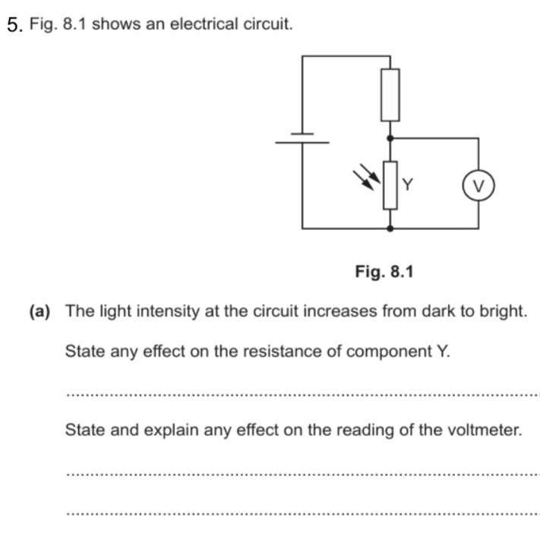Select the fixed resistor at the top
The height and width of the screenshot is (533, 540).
click(390, 95)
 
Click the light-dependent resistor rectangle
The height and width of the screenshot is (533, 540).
click(390, 184)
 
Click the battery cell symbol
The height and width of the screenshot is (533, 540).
click(302, 137)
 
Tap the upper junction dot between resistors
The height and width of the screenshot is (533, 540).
click(390, 138)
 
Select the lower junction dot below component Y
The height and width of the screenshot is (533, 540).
click(390, 228)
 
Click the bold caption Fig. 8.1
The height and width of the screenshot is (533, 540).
click(384, 271)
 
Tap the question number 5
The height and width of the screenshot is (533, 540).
click(13, 24)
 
